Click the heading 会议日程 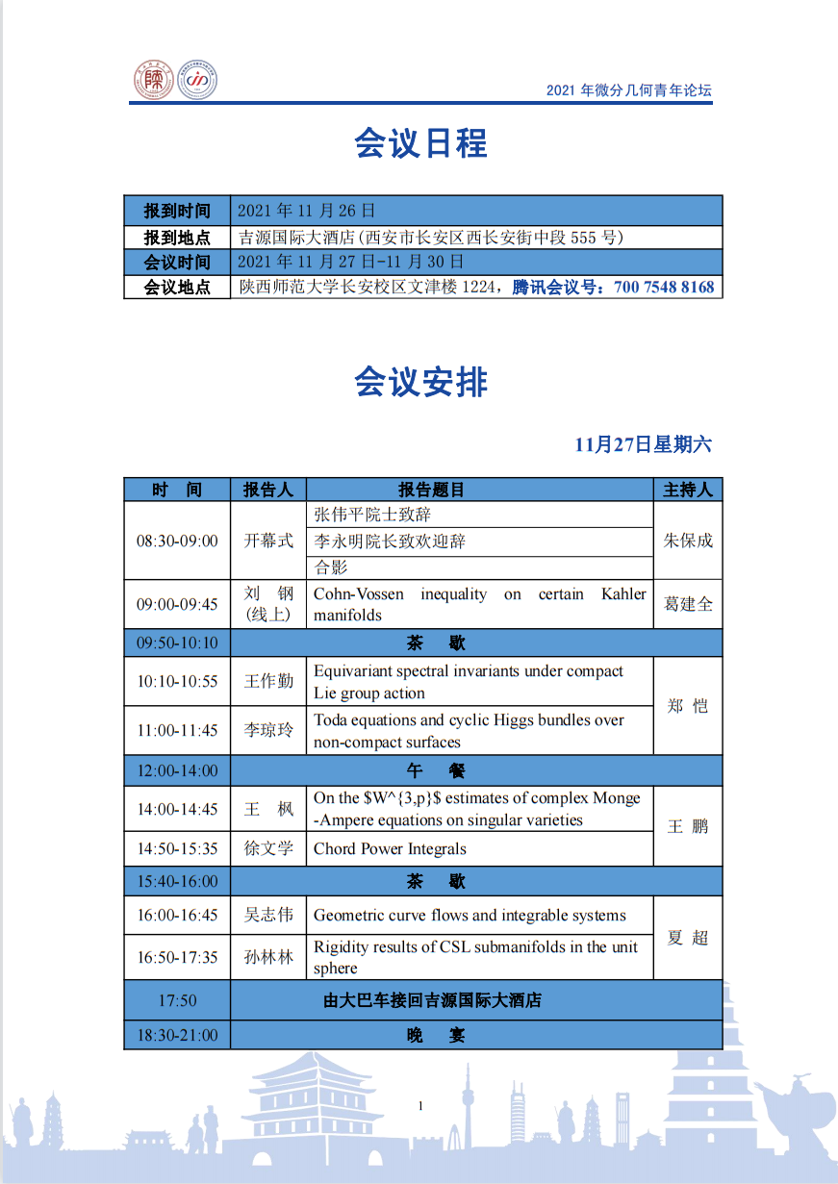pyautogui.click(x=420, y=143)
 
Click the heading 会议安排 pyautogui.click(x=420, y=383)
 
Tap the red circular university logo pyautogui.click(x=153, y=82)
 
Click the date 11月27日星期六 pyautogui.click(x=644, y=444)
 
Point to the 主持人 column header pyautogui.click(x=688, y=490)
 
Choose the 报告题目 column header pyautogui.click(x=431, y=490)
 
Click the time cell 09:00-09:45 pyautogui.click(x=177, y=604)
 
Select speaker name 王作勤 pyautogui.click(x=268, y=681)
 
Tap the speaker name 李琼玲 pyautogui.click(x=268, y=730)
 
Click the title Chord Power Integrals pyautogui.click(x=390, y=848)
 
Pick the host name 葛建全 pyautogui.click(x=688, y=604)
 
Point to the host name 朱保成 pyautogui.click(x=688, y=541)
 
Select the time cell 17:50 pyautogui.click(x=177, y=1000)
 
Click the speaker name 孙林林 pyautogui.click(x=268, y=957)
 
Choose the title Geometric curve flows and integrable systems pyautogui.click(x=470, y=915)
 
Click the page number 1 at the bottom pyautogui.click(x=420, y=1106)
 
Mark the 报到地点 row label pyautogui.click(x=177, y=237)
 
